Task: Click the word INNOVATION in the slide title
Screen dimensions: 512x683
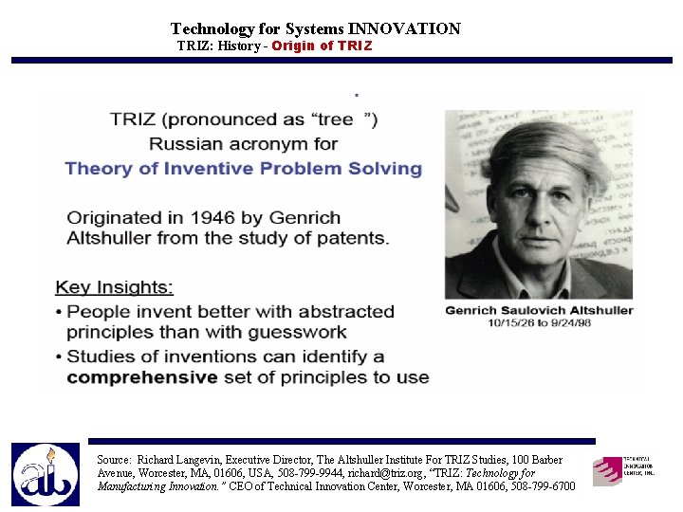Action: point(404,29)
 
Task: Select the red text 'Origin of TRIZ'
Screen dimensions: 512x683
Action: point(322,46)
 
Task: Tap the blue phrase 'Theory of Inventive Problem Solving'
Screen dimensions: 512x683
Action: point(244,169)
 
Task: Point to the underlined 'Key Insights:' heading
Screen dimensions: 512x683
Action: point(115,287)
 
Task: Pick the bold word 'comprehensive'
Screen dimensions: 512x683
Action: point(142,376)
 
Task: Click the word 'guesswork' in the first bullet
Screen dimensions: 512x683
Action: point(301,332)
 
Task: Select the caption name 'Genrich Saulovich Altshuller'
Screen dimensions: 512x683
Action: point(539,310)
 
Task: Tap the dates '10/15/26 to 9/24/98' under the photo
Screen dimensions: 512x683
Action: point(539,322)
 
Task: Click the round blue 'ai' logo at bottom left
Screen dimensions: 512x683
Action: point(46,474)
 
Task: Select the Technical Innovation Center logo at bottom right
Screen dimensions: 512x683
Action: point(623,469)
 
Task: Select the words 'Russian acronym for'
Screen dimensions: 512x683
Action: point(244,144)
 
